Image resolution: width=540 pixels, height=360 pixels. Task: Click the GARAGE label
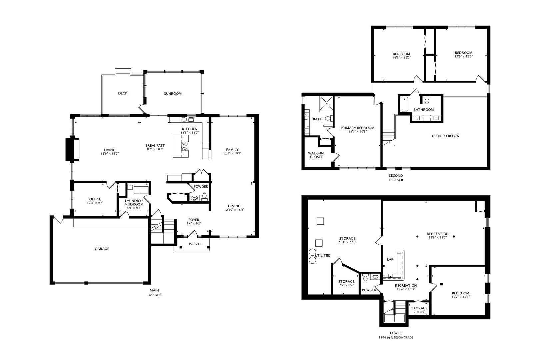(x=102, y=249)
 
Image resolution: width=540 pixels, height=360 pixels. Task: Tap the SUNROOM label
(x=173, y=94)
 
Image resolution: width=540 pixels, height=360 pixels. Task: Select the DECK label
(x=122, y=93)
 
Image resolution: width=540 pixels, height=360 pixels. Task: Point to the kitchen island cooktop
(x=185, y=146)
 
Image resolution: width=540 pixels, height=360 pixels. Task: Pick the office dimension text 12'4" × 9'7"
(x=95, y=203)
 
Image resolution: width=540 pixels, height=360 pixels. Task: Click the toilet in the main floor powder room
(x=204, y=196)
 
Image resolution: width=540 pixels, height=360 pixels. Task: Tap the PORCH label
(x=195, y=244)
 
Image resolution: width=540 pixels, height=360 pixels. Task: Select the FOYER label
(x=194, y=220)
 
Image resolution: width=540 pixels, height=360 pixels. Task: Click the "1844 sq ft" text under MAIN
(x=154, y=295)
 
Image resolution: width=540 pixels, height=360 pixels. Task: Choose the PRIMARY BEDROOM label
(x=357, y=128)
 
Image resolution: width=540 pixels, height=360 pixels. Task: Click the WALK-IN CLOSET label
(x=316, y=155)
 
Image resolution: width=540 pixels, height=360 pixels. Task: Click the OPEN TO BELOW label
(x=445, y=136)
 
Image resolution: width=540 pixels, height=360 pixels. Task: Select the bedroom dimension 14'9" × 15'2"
(x=464, y=56)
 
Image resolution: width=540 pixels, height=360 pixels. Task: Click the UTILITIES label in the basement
(x=322, y=256)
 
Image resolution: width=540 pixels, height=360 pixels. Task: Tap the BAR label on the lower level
(x=390, y=259)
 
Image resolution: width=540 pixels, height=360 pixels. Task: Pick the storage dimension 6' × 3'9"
(x=419, y=312)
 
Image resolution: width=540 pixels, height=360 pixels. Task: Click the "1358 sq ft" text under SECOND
(x=396, y=180)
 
